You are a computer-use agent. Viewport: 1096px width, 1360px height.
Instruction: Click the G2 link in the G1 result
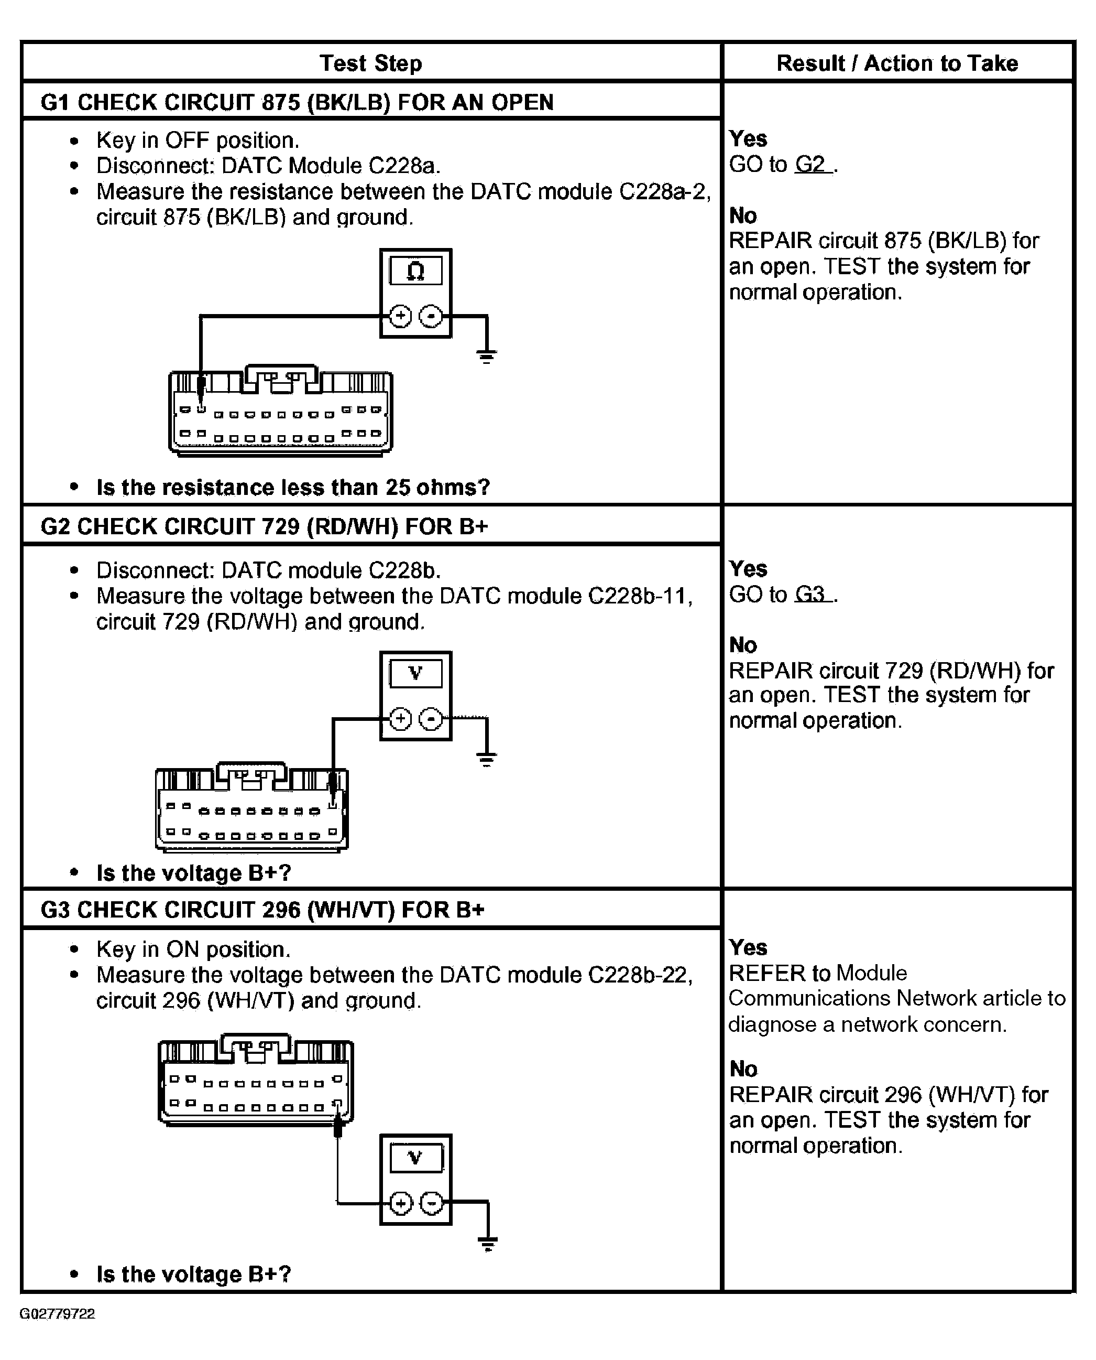810,164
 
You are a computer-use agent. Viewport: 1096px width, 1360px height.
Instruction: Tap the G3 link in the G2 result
810,595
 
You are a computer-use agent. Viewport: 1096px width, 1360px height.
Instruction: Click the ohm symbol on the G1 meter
415,271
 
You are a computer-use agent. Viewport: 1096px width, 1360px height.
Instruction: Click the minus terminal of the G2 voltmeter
431,719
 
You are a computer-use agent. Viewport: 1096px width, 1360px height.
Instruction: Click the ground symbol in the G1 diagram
486,357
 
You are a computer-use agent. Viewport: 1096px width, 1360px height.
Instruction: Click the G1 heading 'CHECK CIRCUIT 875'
297,102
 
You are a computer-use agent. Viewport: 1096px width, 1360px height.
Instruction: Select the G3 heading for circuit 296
262,910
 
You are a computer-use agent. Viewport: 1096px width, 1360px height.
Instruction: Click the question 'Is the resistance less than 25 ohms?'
293,487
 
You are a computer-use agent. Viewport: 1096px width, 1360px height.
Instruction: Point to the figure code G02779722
58,1314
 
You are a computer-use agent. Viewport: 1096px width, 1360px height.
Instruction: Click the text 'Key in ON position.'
193,949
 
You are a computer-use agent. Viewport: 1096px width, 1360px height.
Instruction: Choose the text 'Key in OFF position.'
198,140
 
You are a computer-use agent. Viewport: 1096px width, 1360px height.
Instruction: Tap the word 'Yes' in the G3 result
748,947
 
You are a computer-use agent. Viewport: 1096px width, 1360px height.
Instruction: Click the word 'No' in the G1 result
743,216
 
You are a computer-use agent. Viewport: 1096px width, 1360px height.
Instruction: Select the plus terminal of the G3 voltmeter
401,1204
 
